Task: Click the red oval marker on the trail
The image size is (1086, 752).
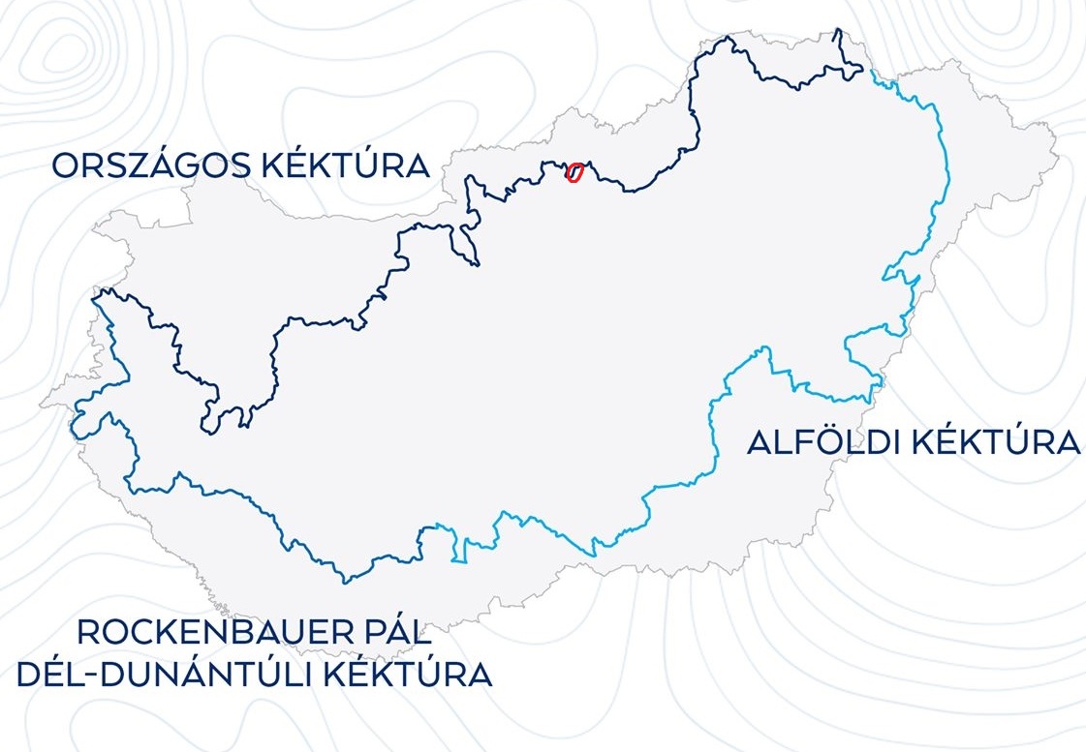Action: [x=574, y=173]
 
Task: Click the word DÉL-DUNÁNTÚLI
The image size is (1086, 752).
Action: [x=170, y=674]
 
